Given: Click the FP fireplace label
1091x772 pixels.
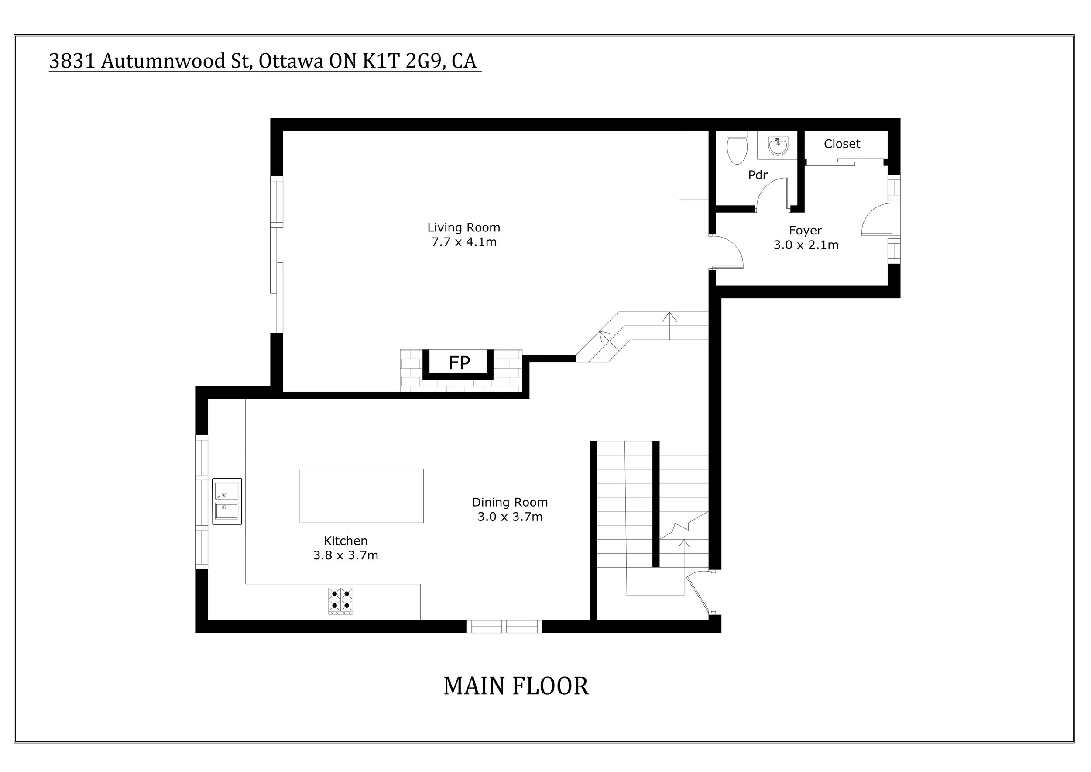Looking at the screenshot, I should click(x=459, y=363).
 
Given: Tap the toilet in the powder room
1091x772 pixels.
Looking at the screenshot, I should click(x=737, y=149).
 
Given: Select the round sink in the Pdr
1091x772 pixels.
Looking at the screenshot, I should click(x=778, y=146).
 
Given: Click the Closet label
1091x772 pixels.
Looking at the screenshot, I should click(x=841, y=144).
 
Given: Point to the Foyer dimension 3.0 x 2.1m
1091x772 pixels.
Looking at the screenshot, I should click(x=806, y=245).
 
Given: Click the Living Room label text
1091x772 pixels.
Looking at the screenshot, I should click(x=463, y=227).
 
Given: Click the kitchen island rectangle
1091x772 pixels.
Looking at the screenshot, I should click(x=361, y=496).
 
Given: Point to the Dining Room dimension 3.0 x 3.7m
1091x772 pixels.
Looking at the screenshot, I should click(x=509, y=517).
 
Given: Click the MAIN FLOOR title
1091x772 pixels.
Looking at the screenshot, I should click(x=515, y=686).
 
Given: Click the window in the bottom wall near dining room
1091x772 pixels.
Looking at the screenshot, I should click(x=504, y=626).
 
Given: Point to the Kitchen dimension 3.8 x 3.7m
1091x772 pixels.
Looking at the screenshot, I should click(x=346, y=555).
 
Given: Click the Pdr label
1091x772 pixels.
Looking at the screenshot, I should click(x=758, y=176).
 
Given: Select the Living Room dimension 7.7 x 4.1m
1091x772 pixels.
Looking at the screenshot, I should click(x=463, y=242).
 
